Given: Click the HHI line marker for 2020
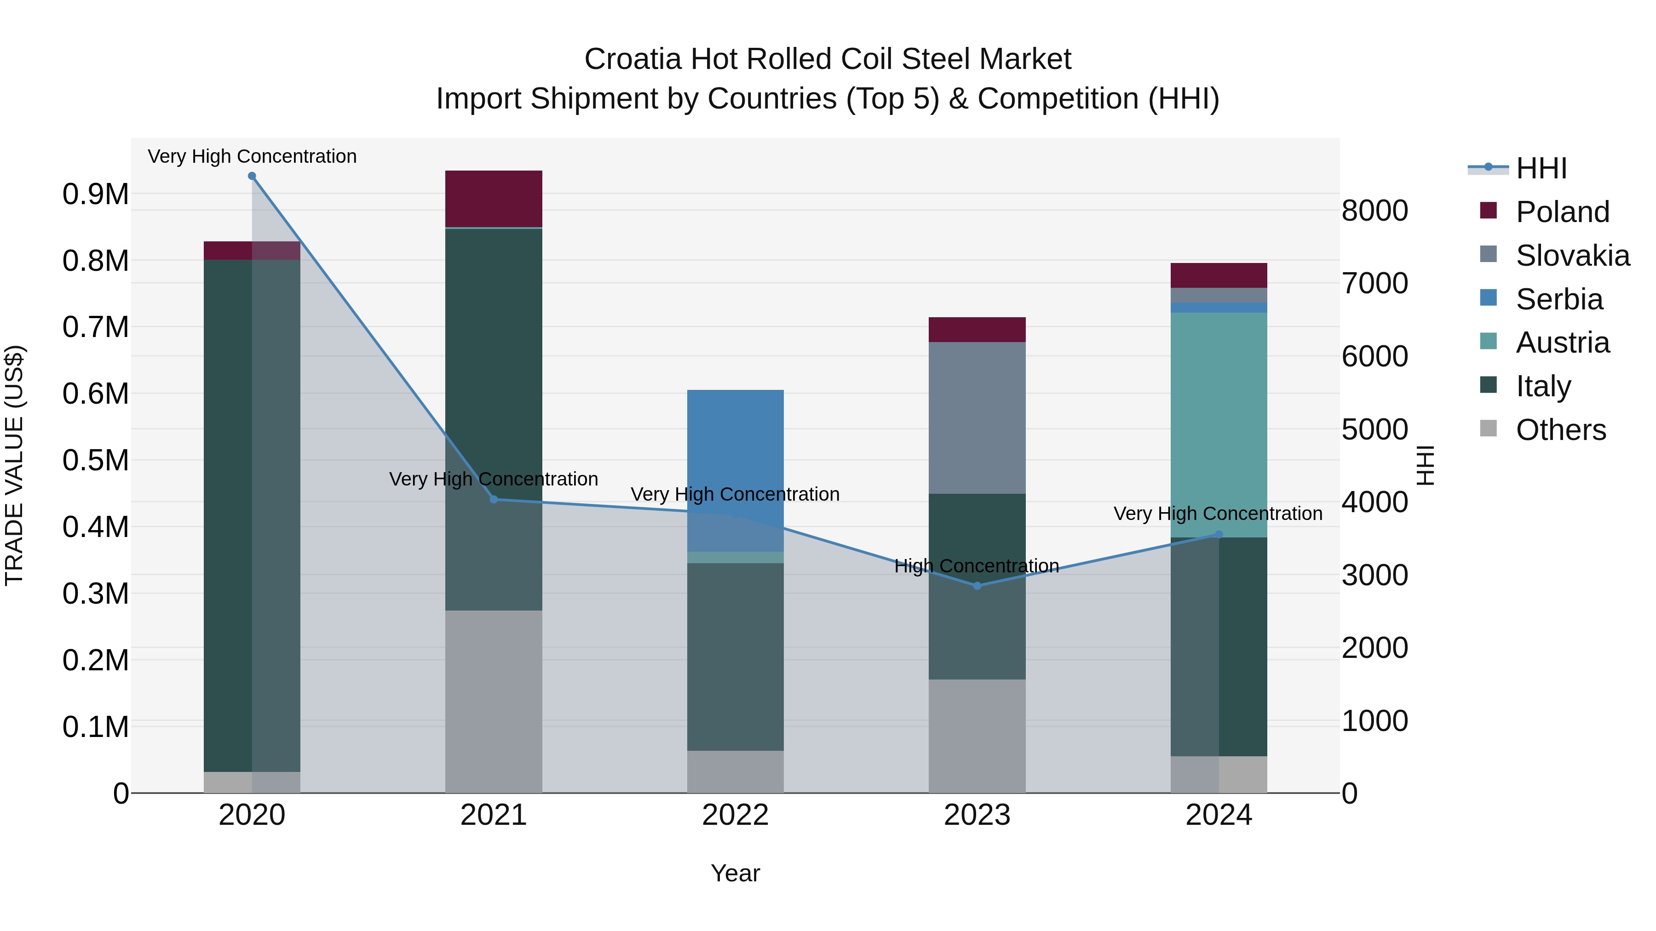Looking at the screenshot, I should click(252, 176).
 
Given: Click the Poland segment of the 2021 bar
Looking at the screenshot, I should click(494, 199).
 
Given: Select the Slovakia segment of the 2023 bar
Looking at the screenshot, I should click(977, 417).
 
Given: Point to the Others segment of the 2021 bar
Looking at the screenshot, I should click(494, 700).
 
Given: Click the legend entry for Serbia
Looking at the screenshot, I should click(1559, 299).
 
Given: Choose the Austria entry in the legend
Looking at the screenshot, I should click(1562, 343).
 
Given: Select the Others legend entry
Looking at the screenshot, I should click(1560, 430).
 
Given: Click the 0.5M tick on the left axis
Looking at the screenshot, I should click(96, 461).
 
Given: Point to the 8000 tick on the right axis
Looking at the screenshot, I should click(1375, 211).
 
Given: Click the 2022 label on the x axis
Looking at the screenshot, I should click(736, 815).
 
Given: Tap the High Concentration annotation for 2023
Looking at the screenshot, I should click(977, 566).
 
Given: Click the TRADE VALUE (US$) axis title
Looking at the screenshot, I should click(14, 465).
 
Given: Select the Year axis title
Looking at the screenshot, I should click(736, 873).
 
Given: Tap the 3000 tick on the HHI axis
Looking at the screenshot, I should click(1375, 575).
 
